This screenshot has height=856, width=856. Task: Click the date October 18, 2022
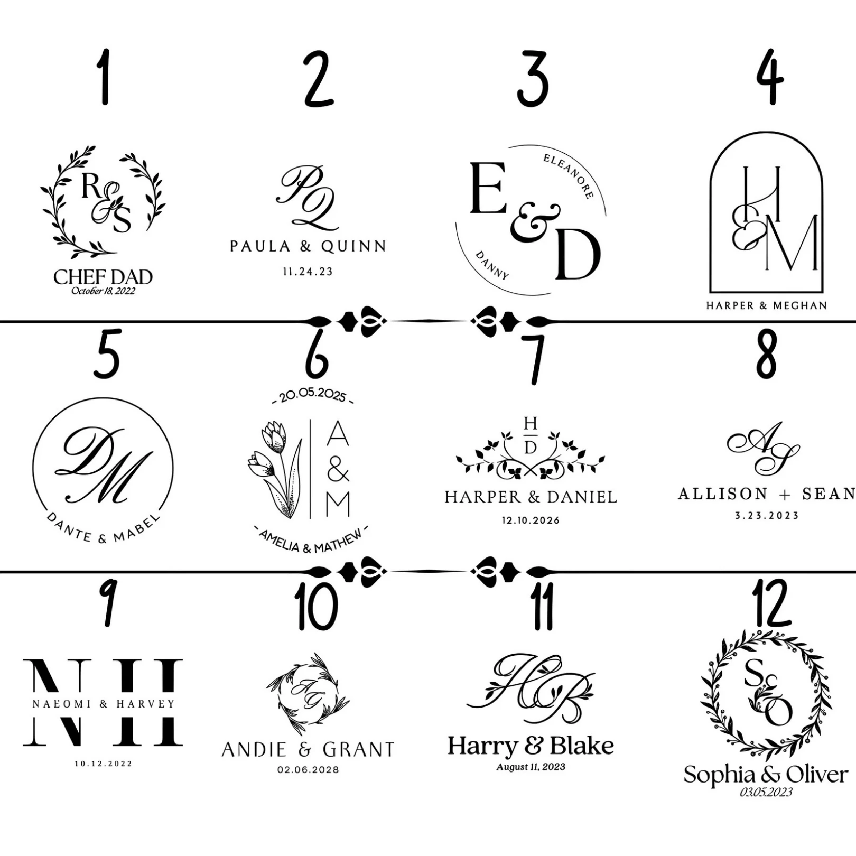pos(103,291)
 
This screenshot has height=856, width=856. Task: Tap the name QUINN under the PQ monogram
pos(354,246)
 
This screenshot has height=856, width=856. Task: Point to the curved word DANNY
pos(492,265)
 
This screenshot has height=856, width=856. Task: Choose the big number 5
pos(107,353)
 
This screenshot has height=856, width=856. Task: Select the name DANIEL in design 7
pos(582,497)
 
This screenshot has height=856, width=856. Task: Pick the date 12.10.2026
pos(531,520)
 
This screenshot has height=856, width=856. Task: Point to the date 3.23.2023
pos(767,516)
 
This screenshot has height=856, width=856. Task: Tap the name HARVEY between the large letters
pos(145,704)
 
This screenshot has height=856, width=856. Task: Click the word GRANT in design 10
pos(359,749)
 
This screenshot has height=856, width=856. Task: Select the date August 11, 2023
pos(531,767)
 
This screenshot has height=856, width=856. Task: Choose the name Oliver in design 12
pos(817,775)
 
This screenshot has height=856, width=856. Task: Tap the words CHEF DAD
pos(103,277)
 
